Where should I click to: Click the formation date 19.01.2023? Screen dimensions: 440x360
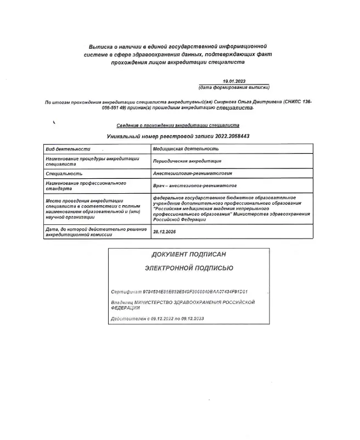[x=234, y=81]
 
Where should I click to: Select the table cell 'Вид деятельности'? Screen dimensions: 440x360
[x=67, y=149]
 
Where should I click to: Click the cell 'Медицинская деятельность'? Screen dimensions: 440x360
[x=186, y=149]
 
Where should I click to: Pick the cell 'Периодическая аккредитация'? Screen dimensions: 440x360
[x=187, y=161]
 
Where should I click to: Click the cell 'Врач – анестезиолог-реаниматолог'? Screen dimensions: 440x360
[x=192, y=187]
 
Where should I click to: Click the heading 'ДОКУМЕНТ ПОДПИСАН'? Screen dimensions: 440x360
[x=189, y=255]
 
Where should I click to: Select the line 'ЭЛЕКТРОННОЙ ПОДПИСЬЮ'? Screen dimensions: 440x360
[x=189, y=268]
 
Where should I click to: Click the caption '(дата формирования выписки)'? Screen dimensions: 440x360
[x=234, y=87]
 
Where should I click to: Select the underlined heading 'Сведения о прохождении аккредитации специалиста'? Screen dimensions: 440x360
[x=178, y=125]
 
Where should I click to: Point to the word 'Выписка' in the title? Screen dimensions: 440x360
[x=102, y=47]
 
